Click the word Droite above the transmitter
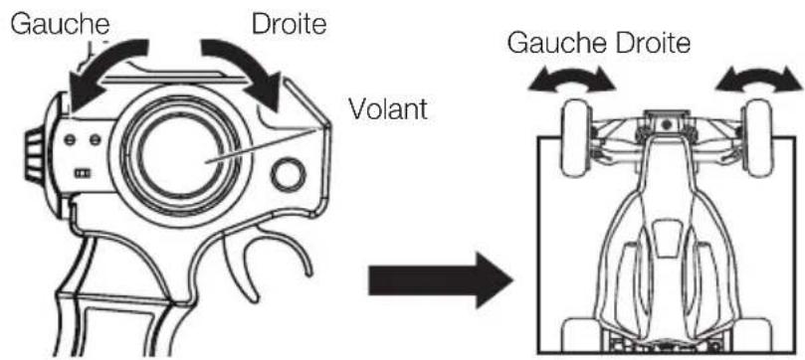[290, 19]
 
